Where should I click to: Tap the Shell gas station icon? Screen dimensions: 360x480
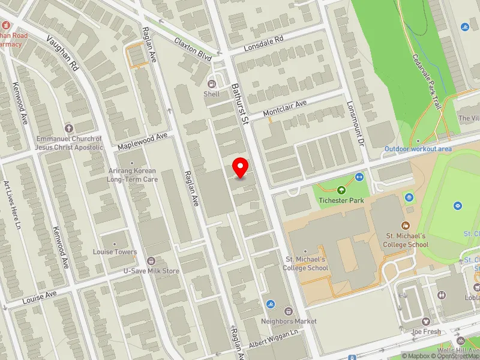[211, 83]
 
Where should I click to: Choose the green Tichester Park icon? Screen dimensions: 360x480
[341, 190]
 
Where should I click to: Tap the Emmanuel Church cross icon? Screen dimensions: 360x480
[68, 128]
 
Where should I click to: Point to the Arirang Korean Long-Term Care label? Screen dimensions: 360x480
[132, 175]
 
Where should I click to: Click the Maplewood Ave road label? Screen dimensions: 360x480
[142, 141]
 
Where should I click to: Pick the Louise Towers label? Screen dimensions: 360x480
[115, 252]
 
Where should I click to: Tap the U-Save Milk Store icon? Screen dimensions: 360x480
[151, 261]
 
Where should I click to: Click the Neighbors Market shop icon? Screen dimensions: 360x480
[288, 311]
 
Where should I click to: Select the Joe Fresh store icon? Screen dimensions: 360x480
[425, 322]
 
